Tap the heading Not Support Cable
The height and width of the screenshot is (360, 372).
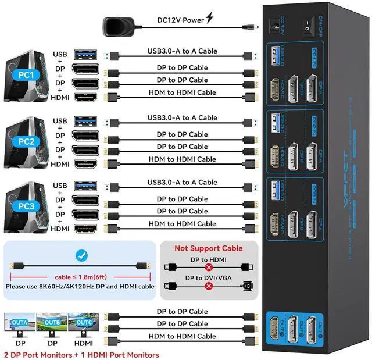(209, 248)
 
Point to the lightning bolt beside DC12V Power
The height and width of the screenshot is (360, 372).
(210, 19)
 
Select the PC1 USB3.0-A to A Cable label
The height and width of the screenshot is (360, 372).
(182, 51)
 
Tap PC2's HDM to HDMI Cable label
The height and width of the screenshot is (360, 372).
(182, 159)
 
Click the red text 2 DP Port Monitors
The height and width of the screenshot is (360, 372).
(41, 354)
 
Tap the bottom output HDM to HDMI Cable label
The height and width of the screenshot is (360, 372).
(182, 336)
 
